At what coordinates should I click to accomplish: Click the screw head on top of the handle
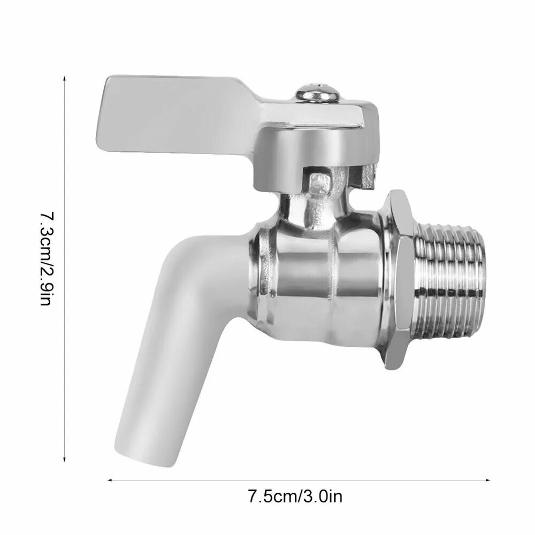point(317,93)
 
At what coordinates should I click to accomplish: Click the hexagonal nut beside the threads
point(399,280)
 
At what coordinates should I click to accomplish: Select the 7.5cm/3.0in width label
point(295,496)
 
